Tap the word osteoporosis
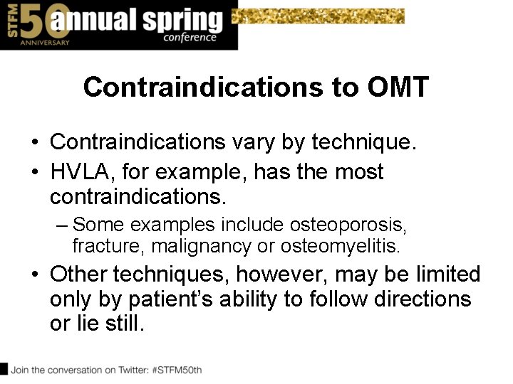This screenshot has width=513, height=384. (348, 225)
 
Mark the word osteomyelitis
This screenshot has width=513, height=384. (341, 247)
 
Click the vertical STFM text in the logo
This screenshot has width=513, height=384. (9, 21)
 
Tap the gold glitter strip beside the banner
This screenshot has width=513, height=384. (321, 16)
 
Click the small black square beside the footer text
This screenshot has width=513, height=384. (4, 369)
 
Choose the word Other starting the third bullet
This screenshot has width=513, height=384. (79, 274)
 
